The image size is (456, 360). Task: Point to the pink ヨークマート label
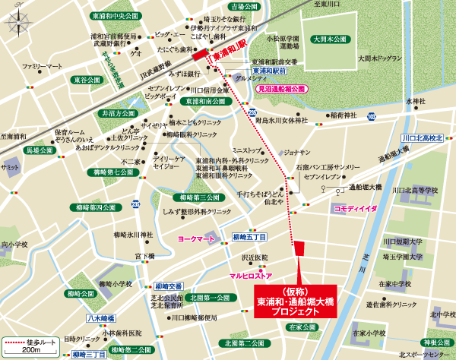(196, 238)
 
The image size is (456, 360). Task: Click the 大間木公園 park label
(328, 38)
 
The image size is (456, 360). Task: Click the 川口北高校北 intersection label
(422, 138)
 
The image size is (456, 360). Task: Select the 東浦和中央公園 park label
(113, 15)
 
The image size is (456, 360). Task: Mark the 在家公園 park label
(302, 327)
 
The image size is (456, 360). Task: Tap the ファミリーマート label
(43, 67)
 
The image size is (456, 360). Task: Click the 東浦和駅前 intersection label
(269, 70)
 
